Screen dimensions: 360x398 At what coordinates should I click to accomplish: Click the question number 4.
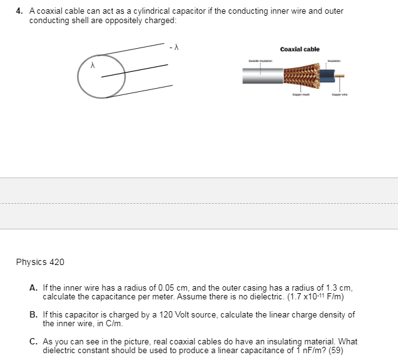[19, 11]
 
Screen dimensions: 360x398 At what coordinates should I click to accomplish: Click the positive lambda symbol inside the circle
[93, 64]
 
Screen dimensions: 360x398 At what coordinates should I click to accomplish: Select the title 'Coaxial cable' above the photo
[300, 49]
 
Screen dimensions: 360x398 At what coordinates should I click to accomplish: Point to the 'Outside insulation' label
[260, 60]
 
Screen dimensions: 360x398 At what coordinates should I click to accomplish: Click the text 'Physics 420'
[40, 262]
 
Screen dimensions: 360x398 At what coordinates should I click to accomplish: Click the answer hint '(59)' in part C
[337, 349]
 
